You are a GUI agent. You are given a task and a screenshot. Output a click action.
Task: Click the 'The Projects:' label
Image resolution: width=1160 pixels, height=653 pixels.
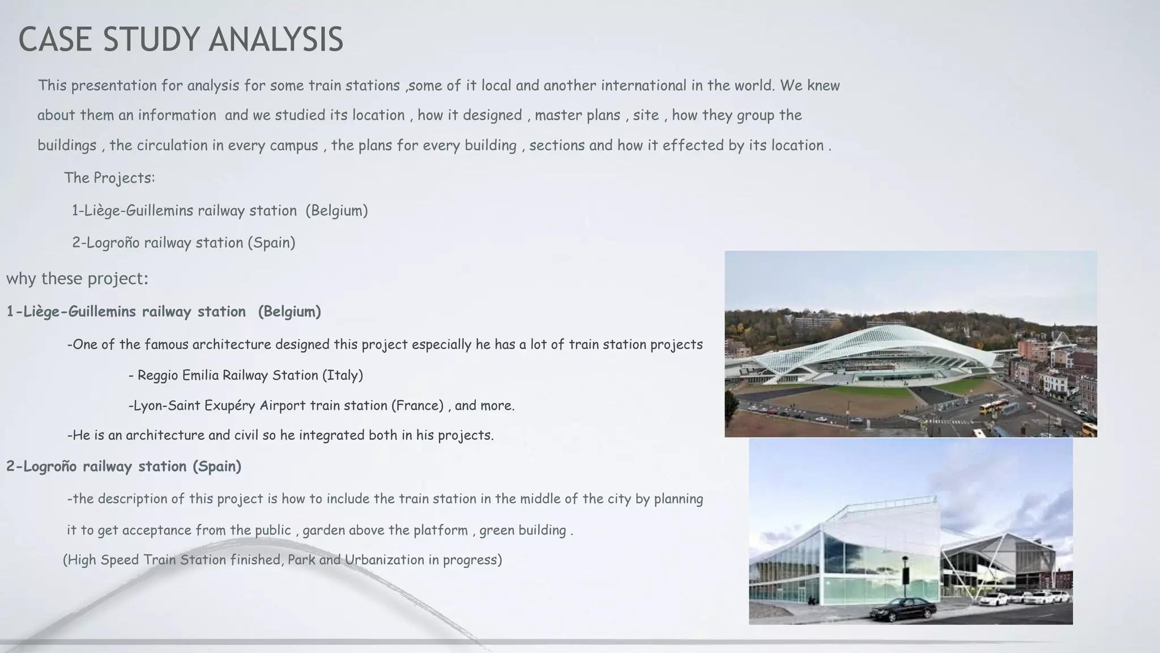[109, 178]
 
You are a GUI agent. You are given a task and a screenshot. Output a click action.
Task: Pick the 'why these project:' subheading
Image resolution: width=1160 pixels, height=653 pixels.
[77, 279]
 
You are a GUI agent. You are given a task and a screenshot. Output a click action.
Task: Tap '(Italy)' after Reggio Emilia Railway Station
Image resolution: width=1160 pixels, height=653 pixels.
[343, 375]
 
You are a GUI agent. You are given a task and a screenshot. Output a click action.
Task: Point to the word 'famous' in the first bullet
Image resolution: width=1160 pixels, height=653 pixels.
[167, 345]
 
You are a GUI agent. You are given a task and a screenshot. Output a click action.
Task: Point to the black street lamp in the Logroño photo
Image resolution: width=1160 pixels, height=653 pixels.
[905, 573]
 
